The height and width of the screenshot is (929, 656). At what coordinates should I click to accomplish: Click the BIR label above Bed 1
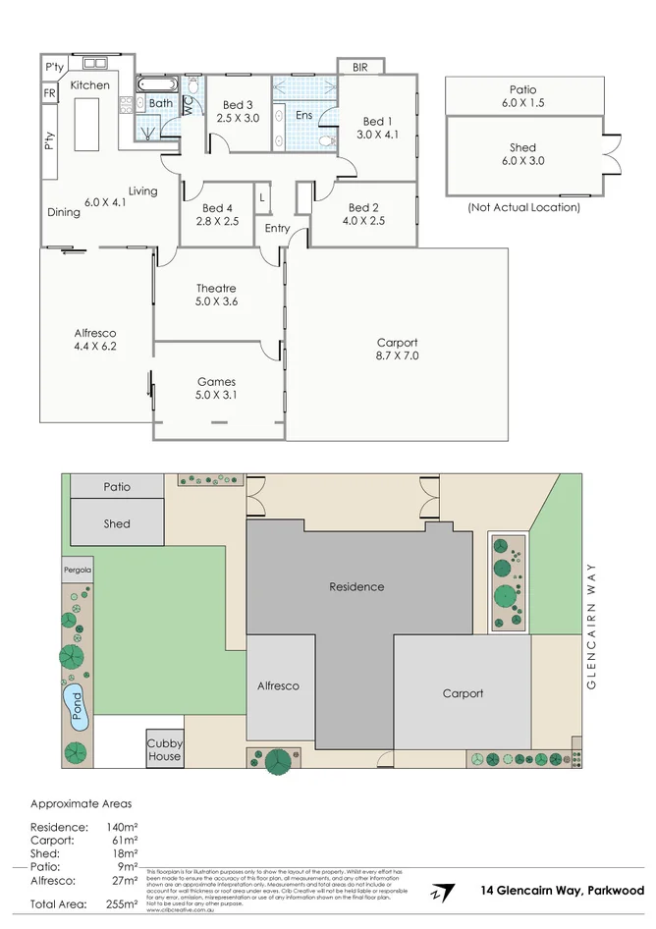click(360, 67)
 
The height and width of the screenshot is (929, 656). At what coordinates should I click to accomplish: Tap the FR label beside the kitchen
click(49, 93)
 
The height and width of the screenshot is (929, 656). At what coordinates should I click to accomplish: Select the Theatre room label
click(216, 288)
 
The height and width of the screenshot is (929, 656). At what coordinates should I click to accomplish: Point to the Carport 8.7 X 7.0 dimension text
click(397, 356)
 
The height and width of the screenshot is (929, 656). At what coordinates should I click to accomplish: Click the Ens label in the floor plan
click(304, 115)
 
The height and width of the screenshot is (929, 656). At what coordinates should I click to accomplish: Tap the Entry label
click(278, 229)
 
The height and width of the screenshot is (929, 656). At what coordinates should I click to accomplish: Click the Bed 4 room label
click(218, 208)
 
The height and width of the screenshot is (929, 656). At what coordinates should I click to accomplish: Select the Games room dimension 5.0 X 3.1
click(216, 396)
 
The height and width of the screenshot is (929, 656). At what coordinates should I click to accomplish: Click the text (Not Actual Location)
click(522, 207)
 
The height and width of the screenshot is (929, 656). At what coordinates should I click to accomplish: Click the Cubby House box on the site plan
click(164, 750)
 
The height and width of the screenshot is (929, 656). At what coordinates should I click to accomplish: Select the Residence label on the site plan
click(356, 586)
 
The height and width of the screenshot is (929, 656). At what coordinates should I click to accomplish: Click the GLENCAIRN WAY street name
click(591, 627)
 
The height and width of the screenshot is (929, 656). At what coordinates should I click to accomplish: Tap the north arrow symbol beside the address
click(441, 892)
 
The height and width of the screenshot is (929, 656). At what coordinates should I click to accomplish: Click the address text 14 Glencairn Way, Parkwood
click(563, 891)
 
